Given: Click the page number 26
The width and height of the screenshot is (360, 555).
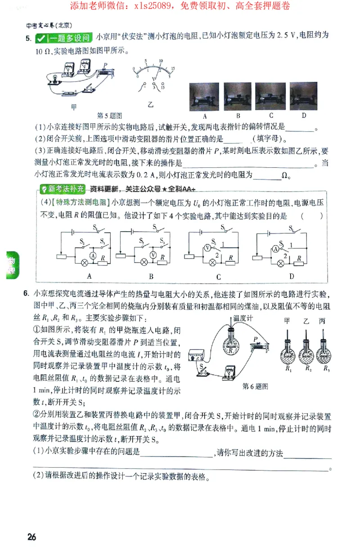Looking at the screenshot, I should click(x=31, y=537).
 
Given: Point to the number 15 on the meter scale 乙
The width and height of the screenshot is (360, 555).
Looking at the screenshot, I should click(x=172, y=68).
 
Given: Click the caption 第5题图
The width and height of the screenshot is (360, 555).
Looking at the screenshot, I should click(x=110, y=116).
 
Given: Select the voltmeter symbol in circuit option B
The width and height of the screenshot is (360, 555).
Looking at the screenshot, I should click(x=153, y=255).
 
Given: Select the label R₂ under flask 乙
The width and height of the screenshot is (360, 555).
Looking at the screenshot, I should click(x=308, y=368).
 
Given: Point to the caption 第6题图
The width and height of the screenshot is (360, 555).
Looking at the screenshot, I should click(x=255, y=386).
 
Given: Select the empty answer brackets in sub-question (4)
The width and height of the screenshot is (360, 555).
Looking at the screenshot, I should click(x=312, y=215).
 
